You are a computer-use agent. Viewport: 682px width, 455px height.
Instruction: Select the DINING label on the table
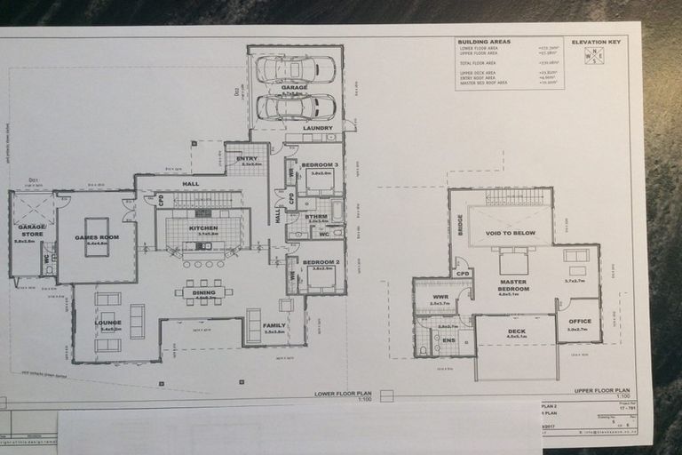(204, 292)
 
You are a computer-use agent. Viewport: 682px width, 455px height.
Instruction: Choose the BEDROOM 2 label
(317, 262)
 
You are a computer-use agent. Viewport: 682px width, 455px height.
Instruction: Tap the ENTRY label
(247, 158)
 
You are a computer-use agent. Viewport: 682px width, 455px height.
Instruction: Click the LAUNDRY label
(317, 128)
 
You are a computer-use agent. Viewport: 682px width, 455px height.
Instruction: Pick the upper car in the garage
(296, 69)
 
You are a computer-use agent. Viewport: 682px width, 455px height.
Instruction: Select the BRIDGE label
(460, 226)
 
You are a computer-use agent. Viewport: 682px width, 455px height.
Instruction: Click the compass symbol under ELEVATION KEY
(594, 56)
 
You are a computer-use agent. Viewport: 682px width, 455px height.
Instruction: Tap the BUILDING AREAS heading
(484, 42)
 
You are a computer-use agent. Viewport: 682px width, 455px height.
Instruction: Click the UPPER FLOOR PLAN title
(602, 390)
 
